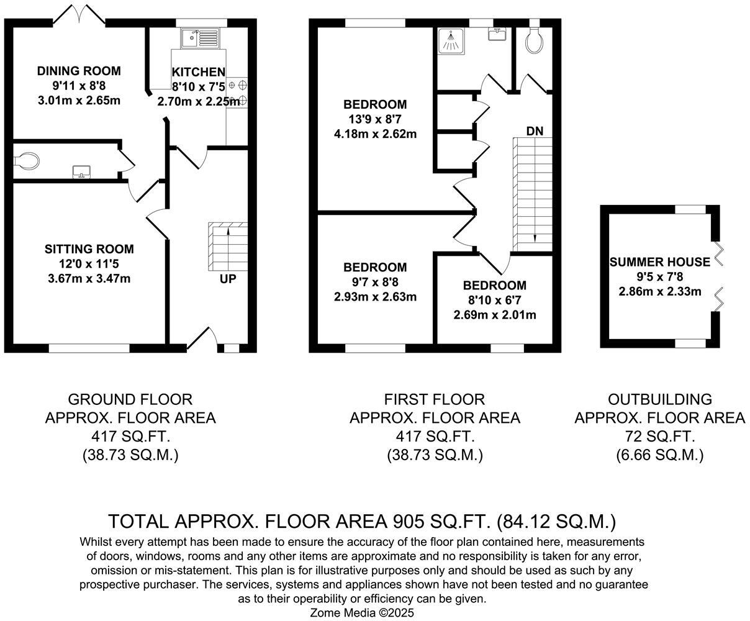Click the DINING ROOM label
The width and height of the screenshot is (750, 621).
78,71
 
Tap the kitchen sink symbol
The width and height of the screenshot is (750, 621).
200,39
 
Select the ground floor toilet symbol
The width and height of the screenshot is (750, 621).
26,161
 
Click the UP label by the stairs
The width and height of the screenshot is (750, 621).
228,279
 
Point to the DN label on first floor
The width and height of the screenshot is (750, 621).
535,131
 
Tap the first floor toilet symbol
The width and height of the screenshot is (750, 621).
533,41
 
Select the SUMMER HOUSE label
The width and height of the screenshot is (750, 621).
659,261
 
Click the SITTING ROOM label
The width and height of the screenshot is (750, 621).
89,249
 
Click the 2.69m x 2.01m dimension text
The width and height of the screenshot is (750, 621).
495,314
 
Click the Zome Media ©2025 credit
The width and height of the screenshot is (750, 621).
362,612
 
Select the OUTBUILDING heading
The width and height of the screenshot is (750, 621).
659,399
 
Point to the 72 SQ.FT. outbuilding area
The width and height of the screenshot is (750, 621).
659,437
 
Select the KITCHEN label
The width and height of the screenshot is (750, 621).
199,72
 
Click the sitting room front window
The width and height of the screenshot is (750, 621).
89,348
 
